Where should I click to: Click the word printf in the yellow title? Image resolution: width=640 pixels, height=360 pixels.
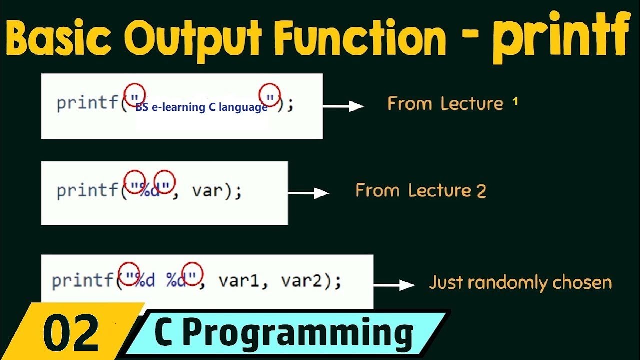tap(560, 39)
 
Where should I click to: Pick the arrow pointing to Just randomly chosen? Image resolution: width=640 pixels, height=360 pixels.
tap(394, 285)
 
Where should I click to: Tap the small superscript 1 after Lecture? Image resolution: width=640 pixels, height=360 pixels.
tap(515, 102)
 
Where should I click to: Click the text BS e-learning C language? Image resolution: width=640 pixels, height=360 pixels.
tap(201, 107)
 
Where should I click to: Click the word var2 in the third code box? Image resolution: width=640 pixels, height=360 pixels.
tap(303, 281)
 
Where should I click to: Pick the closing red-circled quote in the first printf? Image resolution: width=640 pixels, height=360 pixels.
tap(270, 95)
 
